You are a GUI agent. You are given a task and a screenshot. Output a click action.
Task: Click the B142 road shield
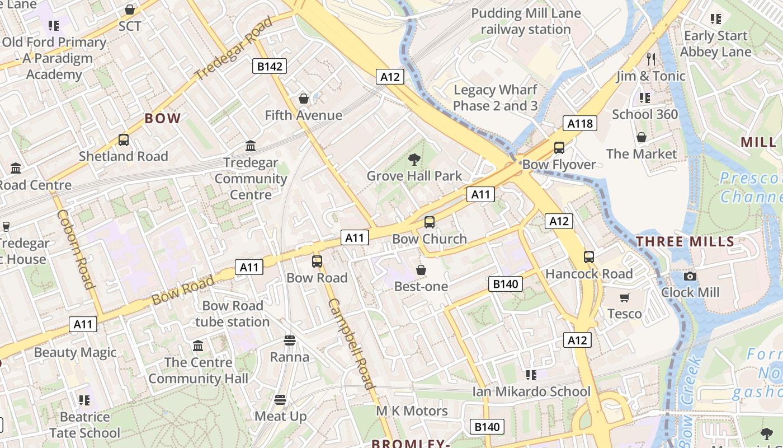click(269, 67)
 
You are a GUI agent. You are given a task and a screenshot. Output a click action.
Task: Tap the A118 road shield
click(579, 123)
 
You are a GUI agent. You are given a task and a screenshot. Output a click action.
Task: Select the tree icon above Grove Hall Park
click(414, 160)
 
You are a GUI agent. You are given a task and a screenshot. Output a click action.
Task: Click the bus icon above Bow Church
click(429, 222)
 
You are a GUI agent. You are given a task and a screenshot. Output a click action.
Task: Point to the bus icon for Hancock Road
click(589, 257)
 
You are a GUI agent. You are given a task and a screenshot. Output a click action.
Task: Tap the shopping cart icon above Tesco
click(625, 297)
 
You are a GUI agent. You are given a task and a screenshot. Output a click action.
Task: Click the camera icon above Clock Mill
click(690, 276)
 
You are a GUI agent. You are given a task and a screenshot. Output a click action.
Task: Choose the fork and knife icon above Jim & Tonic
click(650, 59)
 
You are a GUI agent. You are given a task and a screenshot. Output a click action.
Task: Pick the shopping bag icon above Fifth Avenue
click(303, 99)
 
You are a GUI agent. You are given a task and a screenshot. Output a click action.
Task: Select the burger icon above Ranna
click(289, 340)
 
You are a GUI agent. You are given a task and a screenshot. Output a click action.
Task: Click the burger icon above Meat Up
click(280, 400)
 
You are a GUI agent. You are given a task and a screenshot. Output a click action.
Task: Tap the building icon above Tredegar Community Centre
click(251, 146)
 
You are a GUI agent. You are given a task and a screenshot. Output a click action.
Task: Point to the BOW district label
click(163, 118)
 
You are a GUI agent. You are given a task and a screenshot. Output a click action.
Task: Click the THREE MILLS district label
click(685, 242)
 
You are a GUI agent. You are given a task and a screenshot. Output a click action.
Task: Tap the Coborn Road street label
click(74, 249)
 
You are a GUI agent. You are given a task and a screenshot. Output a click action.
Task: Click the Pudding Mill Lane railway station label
click(526, 21)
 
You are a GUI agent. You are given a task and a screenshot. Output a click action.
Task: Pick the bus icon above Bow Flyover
click(559, 148)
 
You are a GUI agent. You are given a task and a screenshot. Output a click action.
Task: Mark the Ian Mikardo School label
click(531, 391)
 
